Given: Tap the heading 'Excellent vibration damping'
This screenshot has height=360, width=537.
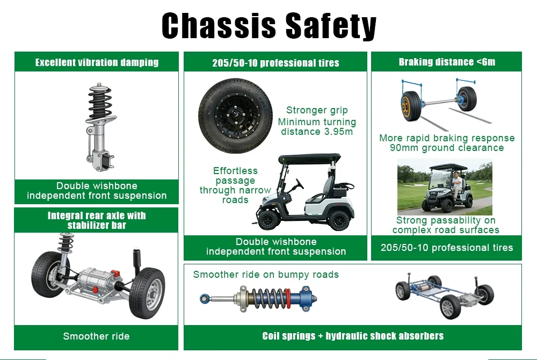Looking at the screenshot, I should coord(97,62).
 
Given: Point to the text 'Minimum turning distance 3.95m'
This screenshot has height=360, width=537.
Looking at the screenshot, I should coord(317,127).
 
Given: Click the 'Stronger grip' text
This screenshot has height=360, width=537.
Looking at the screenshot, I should coord(317,110).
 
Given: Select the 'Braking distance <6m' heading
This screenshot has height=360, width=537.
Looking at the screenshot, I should coord(447,62).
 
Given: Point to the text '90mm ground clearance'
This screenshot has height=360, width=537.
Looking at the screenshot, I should coord(447,148).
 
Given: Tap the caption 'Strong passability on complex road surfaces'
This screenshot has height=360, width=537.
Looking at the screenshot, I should coord(446,225).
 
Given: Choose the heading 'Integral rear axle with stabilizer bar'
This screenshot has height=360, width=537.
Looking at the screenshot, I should coord(97,220).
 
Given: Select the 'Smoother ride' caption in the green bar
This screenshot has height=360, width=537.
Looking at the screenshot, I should coord(96,336).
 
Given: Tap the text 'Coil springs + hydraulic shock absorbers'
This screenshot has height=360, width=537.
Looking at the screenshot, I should coord(353,336).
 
